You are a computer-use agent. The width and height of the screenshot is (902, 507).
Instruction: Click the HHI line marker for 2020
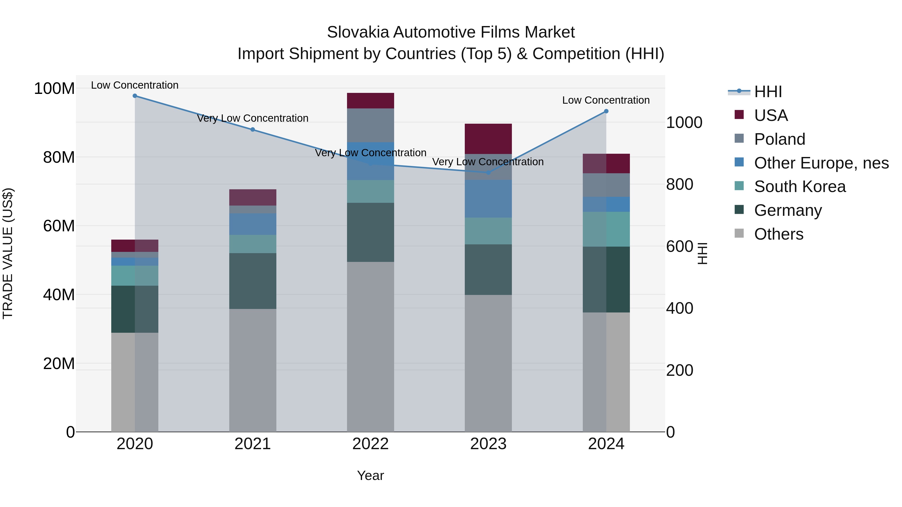tap(135, 96)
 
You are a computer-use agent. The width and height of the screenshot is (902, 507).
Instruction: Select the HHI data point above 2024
tap(606, 111)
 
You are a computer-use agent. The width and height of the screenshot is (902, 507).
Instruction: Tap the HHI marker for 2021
tap(253, 129)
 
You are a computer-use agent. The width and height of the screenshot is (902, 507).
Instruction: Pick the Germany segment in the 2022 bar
tap(371, 232)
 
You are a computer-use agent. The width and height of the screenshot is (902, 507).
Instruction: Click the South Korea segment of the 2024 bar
tap(606, 229)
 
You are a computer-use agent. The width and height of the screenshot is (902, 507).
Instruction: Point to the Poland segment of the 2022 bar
tap(371, 125)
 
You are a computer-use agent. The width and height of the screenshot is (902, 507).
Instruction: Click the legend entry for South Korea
tap(800, 187)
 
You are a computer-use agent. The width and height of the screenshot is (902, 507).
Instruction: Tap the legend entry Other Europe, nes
tap(821, 163)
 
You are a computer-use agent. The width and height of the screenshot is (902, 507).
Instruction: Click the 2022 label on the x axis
tap(371, 444)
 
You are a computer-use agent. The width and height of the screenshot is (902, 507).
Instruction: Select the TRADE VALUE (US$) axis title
tap(8, 253)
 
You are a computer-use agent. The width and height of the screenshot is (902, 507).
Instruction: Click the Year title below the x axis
tap(371, 475)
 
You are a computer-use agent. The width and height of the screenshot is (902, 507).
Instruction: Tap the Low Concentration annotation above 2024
tap(606, 100)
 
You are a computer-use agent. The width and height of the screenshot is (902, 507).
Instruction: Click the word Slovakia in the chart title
tap(357, 32)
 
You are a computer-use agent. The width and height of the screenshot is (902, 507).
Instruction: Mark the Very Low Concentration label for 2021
tap(253, 118)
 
